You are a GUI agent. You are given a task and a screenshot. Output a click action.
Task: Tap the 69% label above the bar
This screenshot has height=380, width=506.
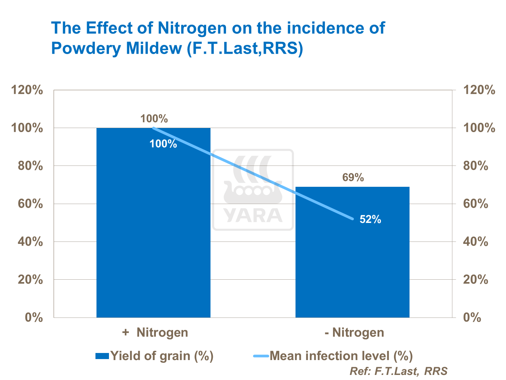353,177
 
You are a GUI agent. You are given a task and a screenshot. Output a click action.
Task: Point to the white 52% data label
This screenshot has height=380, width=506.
370,220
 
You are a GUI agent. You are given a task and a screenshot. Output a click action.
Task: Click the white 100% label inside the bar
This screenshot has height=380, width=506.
163,144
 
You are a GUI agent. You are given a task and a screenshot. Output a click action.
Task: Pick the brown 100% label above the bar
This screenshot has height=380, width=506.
154,119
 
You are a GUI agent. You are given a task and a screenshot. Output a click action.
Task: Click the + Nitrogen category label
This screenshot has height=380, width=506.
155,332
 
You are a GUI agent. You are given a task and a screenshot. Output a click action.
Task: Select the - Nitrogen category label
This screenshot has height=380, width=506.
354,332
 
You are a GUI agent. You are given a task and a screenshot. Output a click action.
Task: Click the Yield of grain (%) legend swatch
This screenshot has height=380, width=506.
102,356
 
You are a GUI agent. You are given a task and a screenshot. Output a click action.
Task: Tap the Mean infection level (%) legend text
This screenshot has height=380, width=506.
341,356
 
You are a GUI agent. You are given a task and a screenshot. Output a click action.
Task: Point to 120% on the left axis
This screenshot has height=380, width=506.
27,90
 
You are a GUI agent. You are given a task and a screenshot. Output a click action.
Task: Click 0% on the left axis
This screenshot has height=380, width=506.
33,318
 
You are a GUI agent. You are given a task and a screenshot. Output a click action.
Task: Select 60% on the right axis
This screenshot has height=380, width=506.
476,204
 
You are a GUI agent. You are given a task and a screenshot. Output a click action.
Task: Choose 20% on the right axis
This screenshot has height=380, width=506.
476,280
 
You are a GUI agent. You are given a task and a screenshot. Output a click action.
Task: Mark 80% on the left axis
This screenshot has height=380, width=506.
30,166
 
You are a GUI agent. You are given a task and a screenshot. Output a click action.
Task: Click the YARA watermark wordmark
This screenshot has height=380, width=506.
253,216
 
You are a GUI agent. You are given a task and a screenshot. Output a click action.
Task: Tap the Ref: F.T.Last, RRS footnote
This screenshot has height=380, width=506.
398,371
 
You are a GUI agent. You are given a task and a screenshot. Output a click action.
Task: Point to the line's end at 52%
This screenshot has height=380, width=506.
353,219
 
